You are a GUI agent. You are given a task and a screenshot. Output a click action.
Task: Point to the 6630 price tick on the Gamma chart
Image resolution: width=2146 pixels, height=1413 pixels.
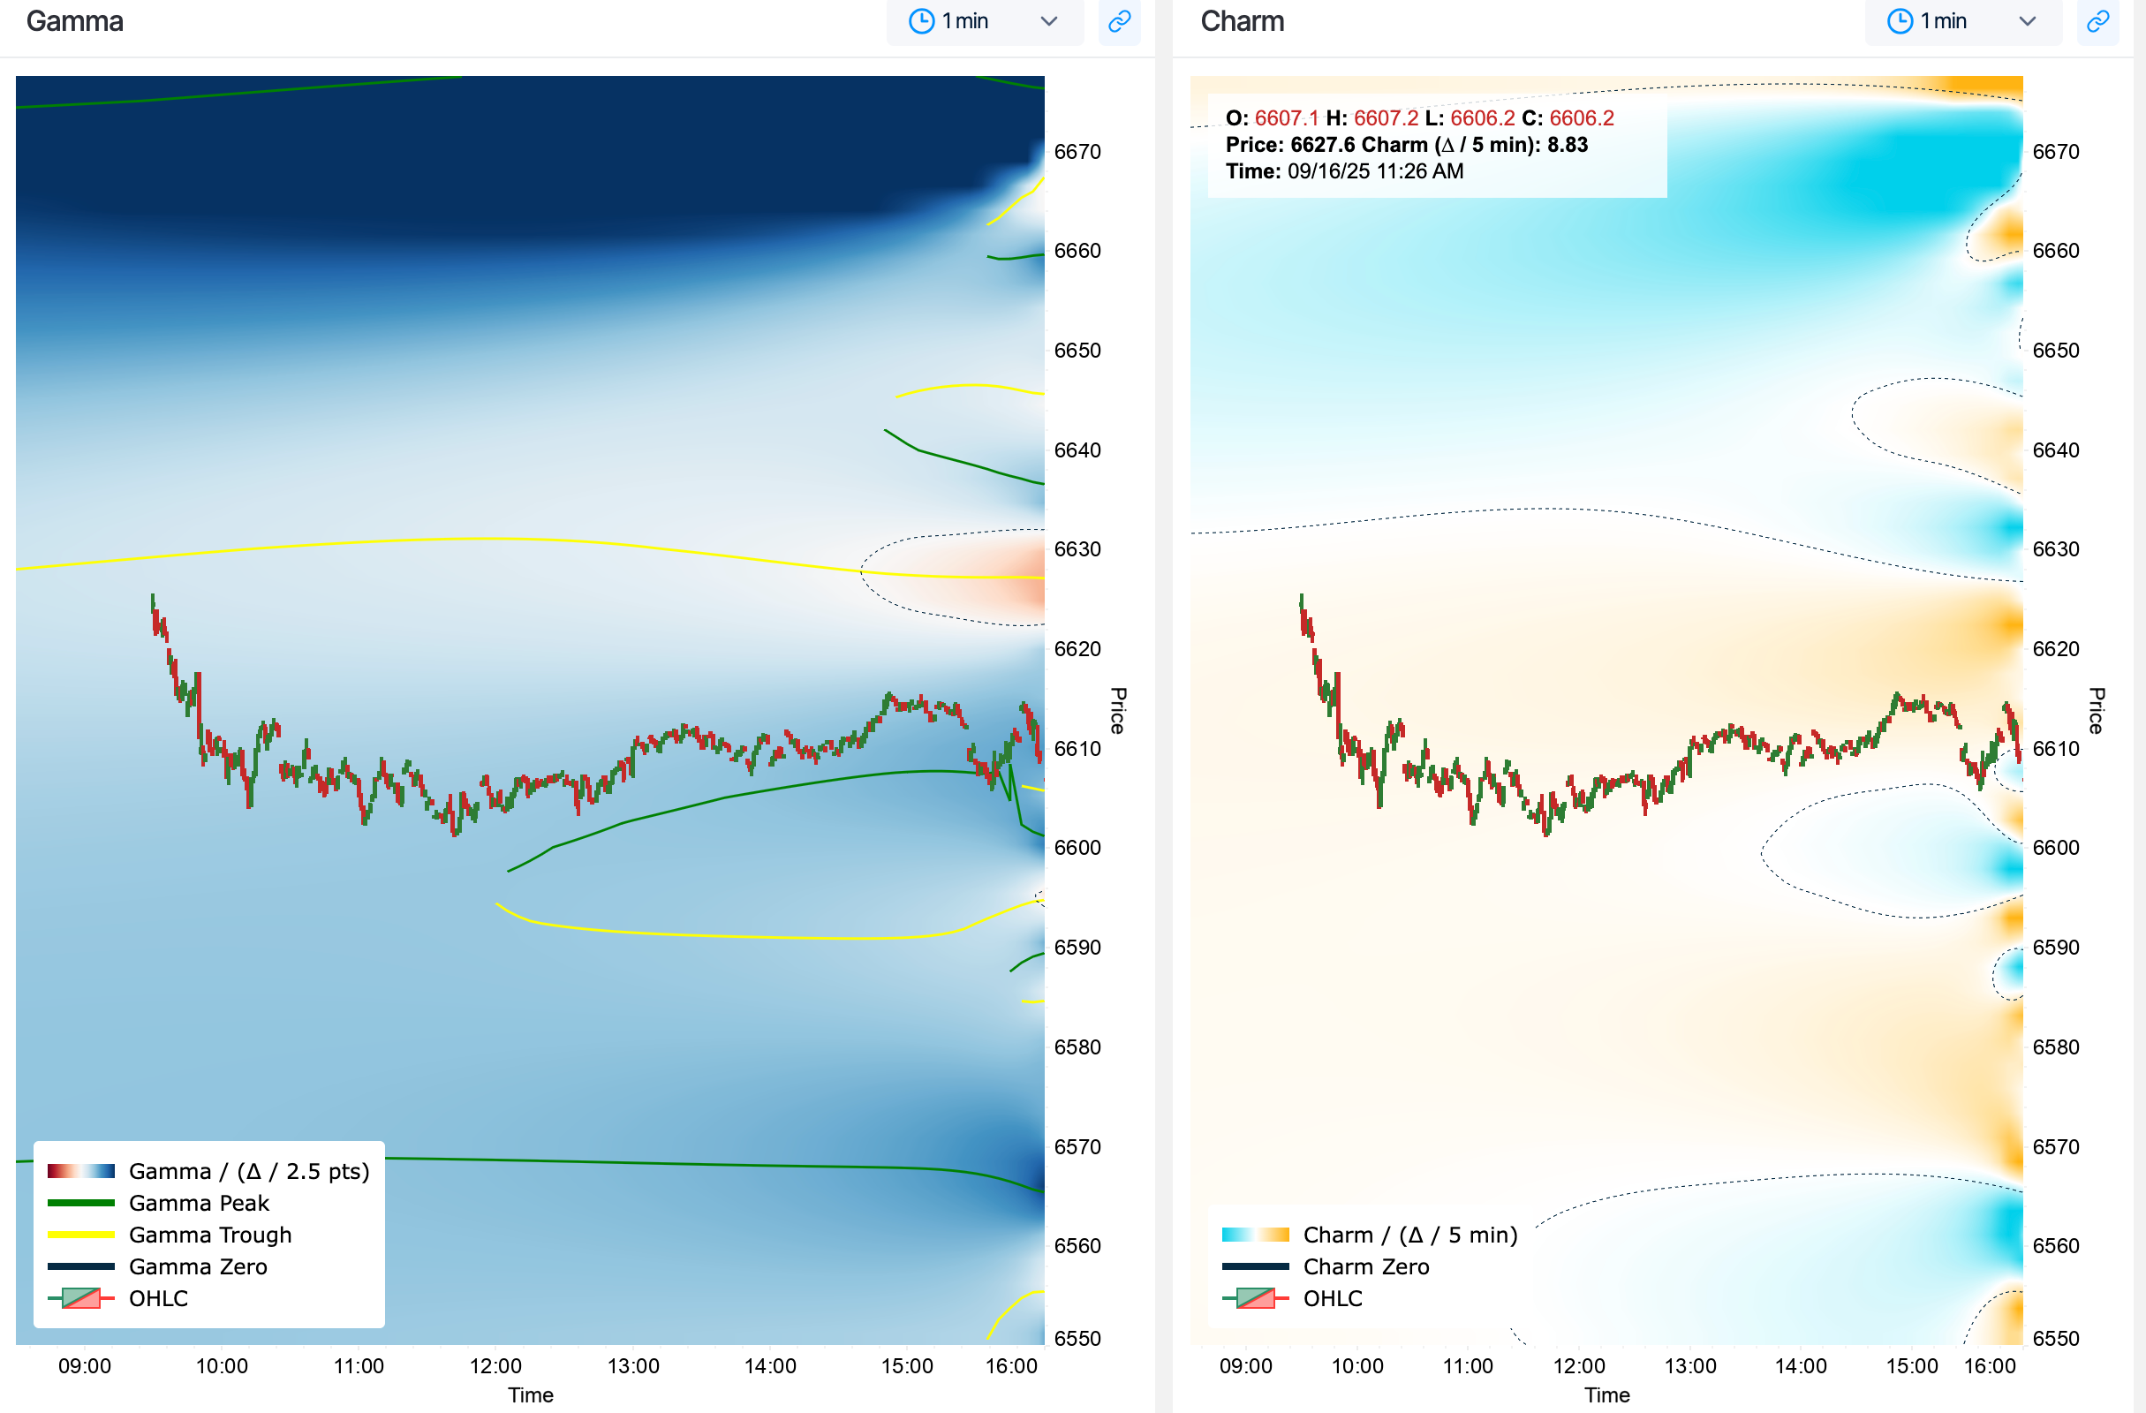(1077, 549)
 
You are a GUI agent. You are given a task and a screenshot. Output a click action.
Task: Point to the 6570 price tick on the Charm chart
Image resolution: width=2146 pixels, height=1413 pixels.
(2056, 1147)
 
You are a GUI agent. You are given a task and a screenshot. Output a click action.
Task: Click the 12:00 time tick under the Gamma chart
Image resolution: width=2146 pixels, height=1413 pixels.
(495, 1366)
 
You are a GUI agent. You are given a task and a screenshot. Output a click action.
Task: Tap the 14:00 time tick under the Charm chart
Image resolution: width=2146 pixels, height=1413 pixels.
(1801, 1366)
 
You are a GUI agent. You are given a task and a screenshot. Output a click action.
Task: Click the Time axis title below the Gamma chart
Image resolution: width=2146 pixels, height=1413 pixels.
(530, 1395)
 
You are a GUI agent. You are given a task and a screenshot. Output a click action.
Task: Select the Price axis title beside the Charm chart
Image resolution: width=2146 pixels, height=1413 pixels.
(2097, 711)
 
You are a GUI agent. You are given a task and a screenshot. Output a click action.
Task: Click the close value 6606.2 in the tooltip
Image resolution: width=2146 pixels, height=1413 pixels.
(1582, 118)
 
